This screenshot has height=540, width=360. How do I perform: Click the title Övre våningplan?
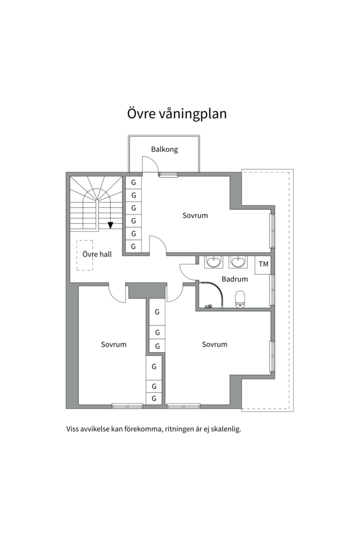(x=176, y=114)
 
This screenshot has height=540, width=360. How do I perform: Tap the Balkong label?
(x=164, y=149)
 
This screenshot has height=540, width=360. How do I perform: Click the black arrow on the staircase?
(x=110, y=225)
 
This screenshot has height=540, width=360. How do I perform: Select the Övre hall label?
(x=97, y=254)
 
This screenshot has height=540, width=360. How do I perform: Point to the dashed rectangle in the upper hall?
(x=84, y=255)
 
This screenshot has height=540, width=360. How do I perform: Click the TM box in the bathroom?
(x=263, y=264)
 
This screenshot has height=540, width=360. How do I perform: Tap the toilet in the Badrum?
(x=240, y=298)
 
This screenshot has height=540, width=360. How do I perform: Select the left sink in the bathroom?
(x=213, y=262)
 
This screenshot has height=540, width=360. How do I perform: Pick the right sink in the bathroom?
(x=237, y=262)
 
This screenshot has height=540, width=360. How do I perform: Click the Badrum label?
(x=234, y=279)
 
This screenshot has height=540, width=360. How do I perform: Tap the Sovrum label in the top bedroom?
(x=195, y=215)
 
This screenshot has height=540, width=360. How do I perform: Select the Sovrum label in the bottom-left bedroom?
(x=113, y=344)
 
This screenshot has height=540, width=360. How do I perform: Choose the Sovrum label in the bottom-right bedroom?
(x=214, y=344)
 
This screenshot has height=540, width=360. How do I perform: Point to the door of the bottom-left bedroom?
(x=117, y=294)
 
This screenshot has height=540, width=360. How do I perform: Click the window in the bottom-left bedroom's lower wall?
(x=127, y=406)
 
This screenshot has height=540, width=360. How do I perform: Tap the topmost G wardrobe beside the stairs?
(x=133, y=182)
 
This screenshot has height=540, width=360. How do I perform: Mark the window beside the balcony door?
(x=168, y=174)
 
